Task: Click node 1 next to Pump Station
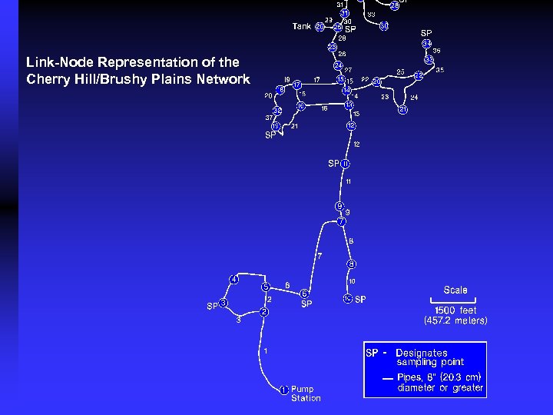283,390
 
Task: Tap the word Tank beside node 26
302,26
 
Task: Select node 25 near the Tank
338,28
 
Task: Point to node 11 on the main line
346,164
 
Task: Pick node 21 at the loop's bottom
403,110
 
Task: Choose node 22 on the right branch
419,75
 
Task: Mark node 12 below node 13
351,125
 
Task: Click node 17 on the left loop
297,85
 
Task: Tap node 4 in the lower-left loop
233,279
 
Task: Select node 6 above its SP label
305,294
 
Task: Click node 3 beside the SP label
223,303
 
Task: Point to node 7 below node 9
342,222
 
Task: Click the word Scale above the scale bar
455,290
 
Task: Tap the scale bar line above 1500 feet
454,300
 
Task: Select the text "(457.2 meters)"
455,320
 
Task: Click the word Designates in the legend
422,353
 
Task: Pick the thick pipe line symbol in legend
389,379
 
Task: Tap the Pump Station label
306,393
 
